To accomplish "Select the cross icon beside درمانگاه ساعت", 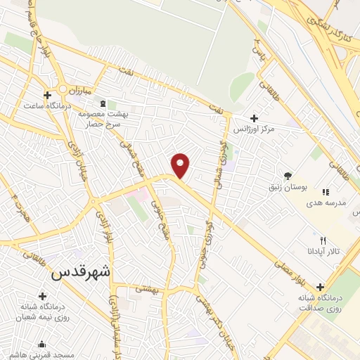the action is point(47,95).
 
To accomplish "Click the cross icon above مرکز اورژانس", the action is point(254,118).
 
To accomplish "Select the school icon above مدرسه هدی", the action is point(325,191).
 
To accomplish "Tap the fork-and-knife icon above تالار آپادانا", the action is point(323,240).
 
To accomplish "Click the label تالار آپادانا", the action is point(323,251).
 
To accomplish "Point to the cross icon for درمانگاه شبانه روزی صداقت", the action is point(321,287).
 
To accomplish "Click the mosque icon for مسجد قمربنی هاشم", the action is point(41,345).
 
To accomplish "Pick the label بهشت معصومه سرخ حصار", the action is point(127,118).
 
